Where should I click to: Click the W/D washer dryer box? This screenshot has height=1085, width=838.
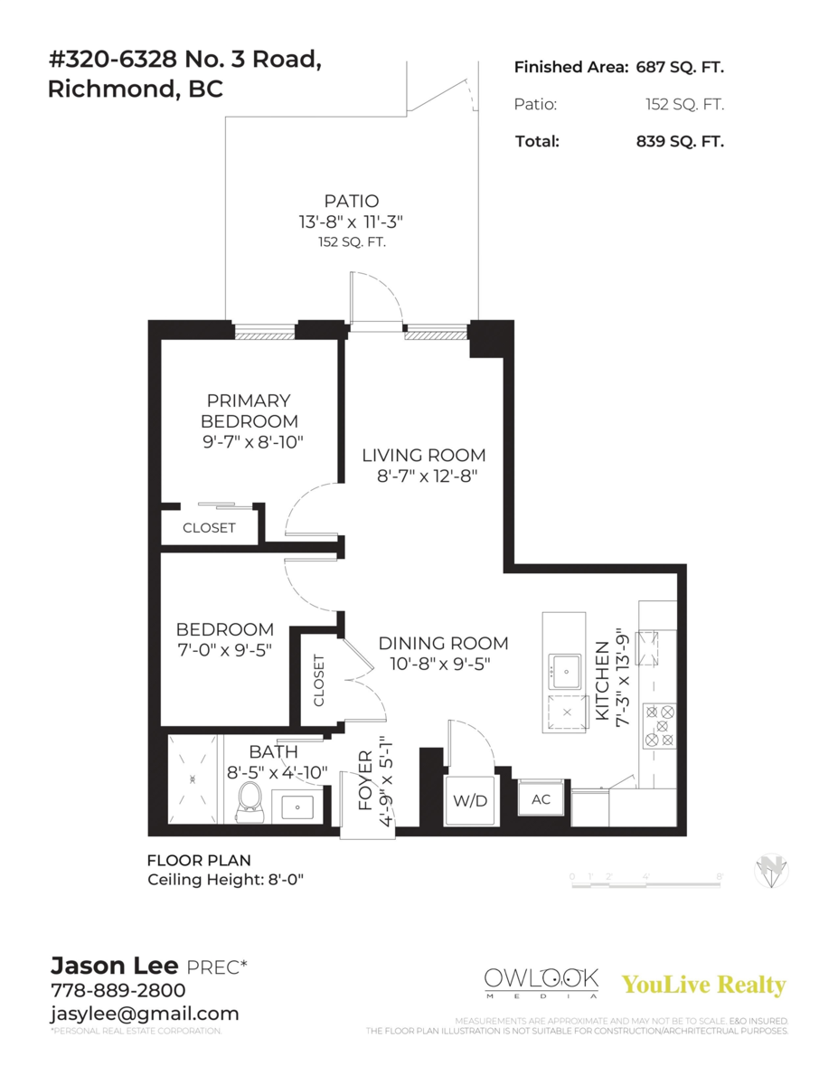[x=470, y=800]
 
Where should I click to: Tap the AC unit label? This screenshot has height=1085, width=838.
[x=541, y=800]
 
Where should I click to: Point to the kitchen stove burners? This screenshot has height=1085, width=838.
[x=658, y=725]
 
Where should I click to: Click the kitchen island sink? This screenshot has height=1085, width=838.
[x=565, y=670]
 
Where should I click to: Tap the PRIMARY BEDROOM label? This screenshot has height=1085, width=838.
[x=249, y=410]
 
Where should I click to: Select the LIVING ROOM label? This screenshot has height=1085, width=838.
[x=424, y=455]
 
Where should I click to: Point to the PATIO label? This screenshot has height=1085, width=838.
[x=352, y=201]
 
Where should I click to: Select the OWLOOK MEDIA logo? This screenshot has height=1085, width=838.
[x=541, y=982]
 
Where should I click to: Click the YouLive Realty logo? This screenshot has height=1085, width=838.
[x=704, y=985]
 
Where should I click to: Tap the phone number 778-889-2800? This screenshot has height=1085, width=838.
[x=118, y=990]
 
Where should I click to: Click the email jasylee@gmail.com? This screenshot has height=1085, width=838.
[x=145, y=1014]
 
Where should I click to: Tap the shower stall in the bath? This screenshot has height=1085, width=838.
[x=193, y=777]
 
